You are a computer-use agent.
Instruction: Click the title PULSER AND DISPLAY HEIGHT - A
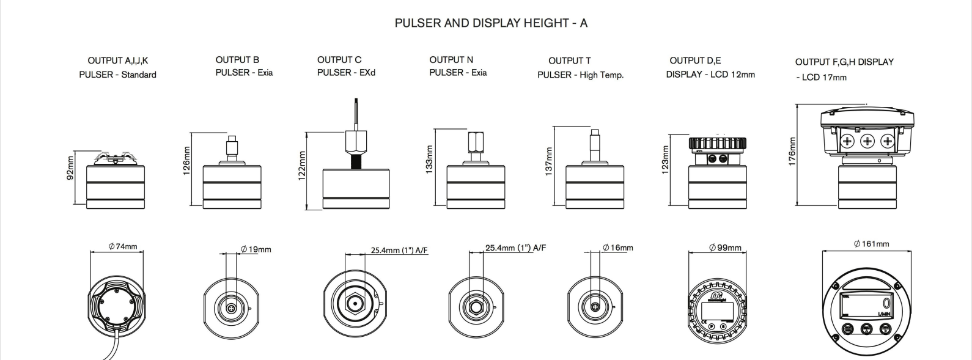click(x=491, y=23)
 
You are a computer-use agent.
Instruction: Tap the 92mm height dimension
click(x=71, y=167)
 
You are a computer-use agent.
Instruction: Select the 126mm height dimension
click(x=187, y=161)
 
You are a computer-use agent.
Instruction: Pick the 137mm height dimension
click(x=549, y=160)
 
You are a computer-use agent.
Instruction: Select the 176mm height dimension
click(x=792, y=152)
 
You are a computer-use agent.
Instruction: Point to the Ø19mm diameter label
click(x=256, y=249)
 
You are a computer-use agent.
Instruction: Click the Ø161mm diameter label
click(x=872, y=244)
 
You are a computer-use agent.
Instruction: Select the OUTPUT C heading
click(x=339, y=60)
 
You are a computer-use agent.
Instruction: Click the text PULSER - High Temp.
click(x=580, y=75)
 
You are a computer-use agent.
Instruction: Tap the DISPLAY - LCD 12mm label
click(x=710, y=75)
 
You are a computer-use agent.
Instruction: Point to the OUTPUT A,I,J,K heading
click(x=118, y=61)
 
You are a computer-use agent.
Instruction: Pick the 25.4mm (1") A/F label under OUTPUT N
click(x=515, y=248)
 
